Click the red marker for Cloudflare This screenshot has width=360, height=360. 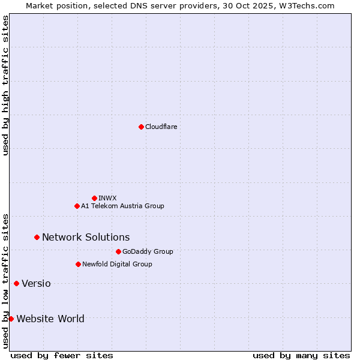click(141, 127)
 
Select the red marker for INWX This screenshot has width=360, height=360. click(94, 198)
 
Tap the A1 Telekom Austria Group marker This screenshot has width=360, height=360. click(77, 206)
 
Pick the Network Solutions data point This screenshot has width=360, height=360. click(37, 238)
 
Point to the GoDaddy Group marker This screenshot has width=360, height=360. click(118, 251)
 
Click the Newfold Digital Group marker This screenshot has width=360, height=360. click(78, 264)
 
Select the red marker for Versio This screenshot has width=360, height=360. click(16, 283)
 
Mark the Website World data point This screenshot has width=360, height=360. click(11, 319)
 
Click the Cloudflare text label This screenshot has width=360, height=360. click(161, 127)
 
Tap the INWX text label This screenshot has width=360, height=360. click(107, 198)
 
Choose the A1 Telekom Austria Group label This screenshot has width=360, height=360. click(122, 206)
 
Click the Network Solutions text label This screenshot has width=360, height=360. click(86, 238)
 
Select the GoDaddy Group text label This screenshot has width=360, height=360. click(148, 251)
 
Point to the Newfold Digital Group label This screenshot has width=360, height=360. click(117, 264)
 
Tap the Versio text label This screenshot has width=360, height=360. click(36, 283)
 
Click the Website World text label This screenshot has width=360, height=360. click(50, 319)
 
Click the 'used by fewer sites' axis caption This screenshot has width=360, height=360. click(62, 355)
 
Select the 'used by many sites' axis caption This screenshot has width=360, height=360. click(301, 355)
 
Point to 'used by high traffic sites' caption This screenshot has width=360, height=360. click(5, 85)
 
